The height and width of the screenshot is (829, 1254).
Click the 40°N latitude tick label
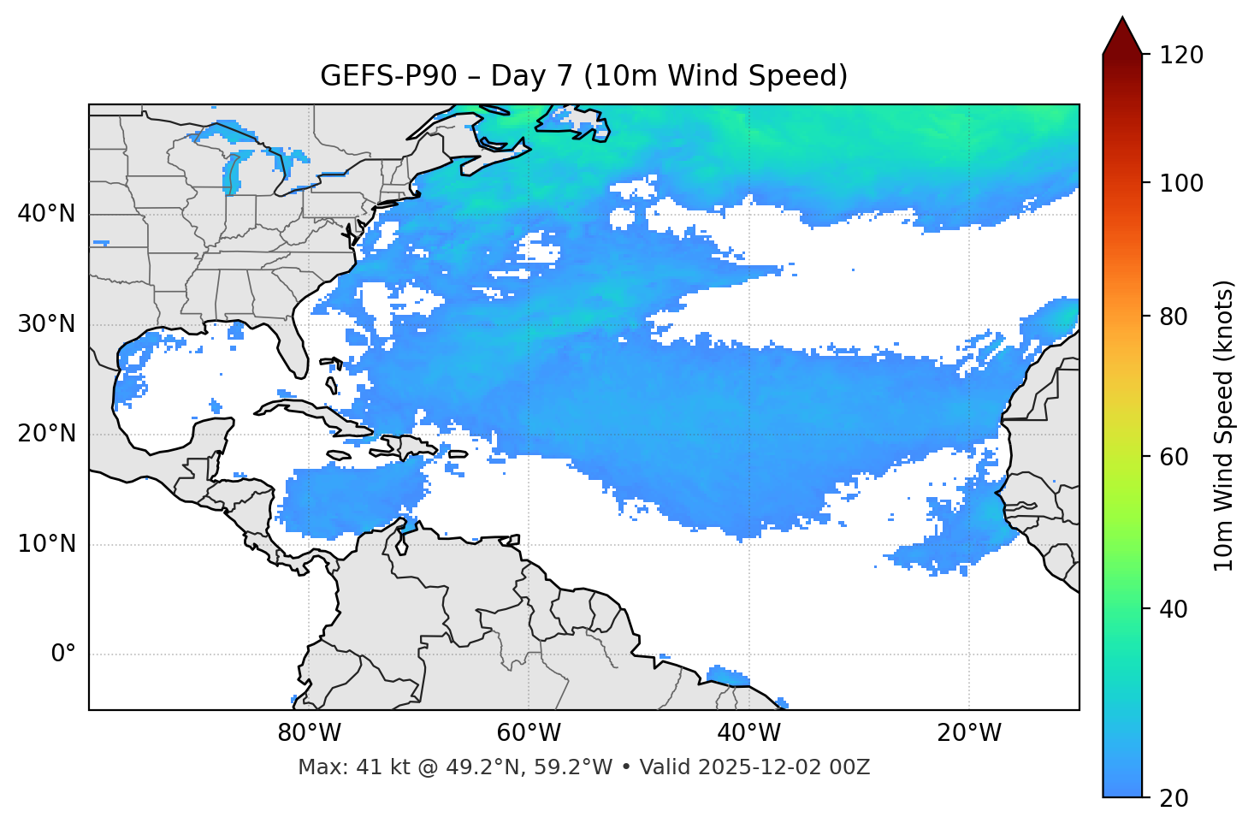click(46, 214)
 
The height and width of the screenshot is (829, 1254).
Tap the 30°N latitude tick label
click(46, 324)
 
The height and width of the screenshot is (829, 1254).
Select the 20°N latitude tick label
click(46, 434)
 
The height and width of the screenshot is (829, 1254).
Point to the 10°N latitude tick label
click(46, 544)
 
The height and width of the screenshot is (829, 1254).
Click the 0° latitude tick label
click(63, 654)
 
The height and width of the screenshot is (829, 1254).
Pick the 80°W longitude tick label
click(309, 733)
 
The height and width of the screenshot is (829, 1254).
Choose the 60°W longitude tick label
click(529, 733)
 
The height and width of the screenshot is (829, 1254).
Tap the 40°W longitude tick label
click(748, 733)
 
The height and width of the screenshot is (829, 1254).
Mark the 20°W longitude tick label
click(968, 733)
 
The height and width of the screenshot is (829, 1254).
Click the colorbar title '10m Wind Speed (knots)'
click(1225, 425)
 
